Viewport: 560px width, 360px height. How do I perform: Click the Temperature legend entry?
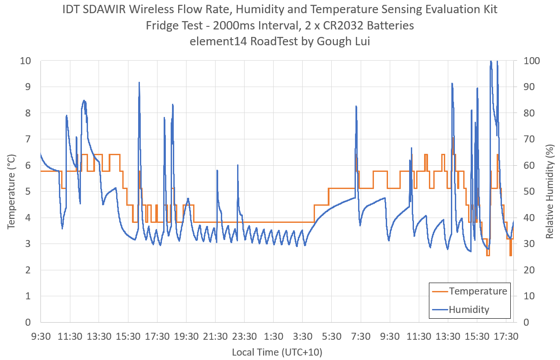(478, 291)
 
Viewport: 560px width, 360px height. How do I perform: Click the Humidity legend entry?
(469, 309)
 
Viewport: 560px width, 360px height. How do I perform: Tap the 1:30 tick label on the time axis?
(274, 337)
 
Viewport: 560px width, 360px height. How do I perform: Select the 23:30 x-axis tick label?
(245, 337)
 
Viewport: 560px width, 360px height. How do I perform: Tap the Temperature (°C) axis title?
(11, 191)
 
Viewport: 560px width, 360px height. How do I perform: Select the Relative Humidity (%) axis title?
(549, 191)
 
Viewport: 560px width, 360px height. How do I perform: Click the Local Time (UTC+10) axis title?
(277, 352)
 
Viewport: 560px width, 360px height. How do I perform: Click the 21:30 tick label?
(216, 337)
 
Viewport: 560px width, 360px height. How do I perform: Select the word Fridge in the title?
(161, 25)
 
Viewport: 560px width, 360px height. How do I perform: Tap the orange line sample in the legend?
(439, 291)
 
